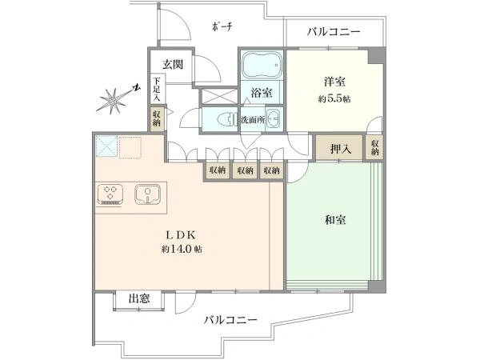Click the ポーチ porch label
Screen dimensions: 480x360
click(x=222, y=26)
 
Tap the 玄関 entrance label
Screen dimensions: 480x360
click(x=173, y=64)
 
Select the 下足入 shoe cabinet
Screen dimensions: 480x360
click(x=158, y=89)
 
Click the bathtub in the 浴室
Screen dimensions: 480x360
click(x=262, y=65)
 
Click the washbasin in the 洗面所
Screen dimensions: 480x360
click(x=274, y=118)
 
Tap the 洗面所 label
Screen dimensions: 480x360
click(x=253, y=120)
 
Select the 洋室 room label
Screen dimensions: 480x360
click(x=334, y=82)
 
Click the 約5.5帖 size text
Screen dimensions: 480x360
click(x=334, y=99)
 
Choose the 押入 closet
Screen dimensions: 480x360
click(x=339, y=148)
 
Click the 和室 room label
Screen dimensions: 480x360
click(x=335, y=220)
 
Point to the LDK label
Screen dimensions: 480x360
click(x=181, y=235)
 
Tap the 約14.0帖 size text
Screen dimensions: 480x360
click(x=182, y=249)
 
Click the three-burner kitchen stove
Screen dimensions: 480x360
click(x=110, y=194)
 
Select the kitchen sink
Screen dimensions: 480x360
click(x=147, y=194)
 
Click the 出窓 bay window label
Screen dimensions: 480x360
click(x=139, y=298)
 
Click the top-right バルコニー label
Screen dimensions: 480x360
click(x=334, y=32)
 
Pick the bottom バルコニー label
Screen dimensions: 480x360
click(x=231, y=320)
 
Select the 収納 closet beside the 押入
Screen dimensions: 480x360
click(x=374, y=147)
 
